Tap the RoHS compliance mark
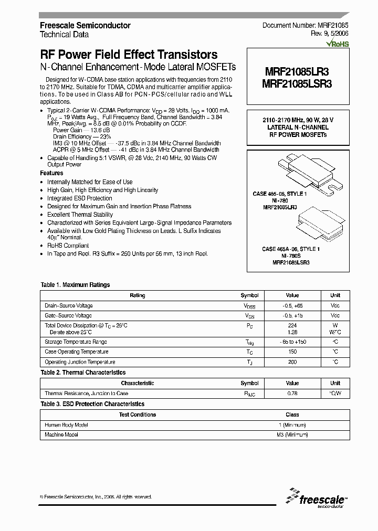[x=337, y=45]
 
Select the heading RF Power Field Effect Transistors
[x=129, y=55]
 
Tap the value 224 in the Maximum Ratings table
[x=292, y=325]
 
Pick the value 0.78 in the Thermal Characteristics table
[x=292, y=393]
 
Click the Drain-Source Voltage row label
[x=69, y=305]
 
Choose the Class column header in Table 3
[x=292, y=415]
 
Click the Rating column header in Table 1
[x=138, y=295]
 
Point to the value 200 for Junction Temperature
[x=292, y=362]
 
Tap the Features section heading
[x=51, y=173]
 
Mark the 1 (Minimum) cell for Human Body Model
[x=292, y=424]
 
